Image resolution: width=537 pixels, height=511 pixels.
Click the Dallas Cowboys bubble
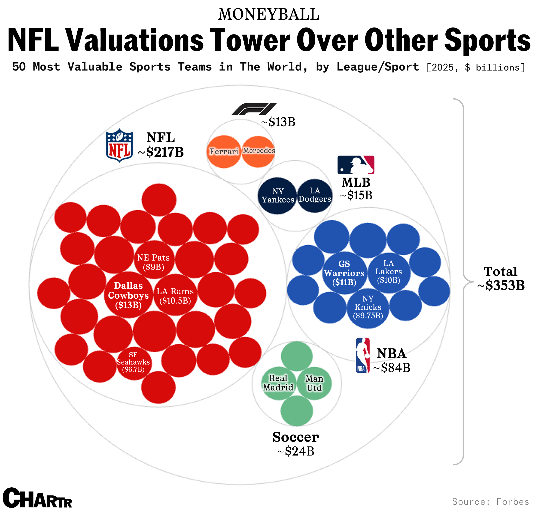point(128,295)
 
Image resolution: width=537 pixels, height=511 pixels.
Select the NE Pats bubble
point(154,260)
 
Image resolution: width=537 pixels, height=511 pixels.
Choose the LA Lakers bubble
point(389,273)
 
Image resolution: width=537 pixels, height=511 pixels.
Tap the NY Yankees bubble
point(278,196)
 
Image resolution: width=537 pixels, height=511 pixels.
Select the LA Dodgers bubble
point(315,195)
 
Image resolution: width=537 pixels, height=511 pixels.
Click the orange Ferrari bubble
point(224,151)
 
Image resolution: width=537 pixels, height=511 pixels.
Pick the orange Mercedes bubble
point(258,151)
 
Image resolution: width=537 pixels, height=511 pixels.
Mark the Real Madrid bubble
point(278,383)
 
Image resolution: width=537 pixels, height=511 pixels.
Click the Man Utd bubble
point(314,383)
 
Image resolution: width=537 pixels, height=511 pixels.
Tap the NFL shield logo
point(119,145)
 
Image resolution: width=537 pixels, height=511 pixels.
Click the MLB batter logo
point(356,165)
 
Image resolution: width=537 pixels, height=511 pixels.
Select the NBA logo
point(363,355)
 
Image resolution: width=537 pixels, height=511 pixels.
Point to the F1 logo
point(254,109)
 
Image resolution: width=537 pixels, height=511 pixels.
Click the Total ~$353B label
point(501,278)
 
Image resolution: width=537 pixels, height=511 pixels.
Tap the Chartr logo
point(37,498)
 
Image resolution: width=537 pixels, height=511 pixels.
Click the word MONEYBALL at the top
point(269,14)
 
